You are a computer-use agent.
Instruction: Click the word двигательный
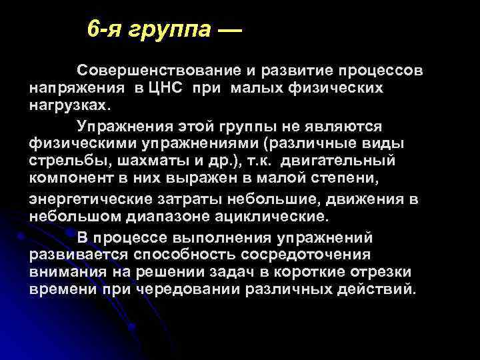click(x=338, y=161)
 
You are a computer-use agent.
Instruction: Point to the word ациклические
click(x=274, y=217)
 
